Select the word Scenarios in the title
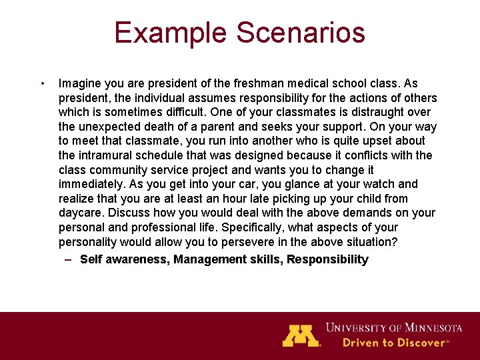297,33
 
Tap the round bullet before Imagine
42,84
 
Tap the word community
119,170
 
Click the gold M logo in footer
301,335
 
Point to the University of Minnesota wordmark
393,327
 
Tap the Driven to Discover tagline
395,343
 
